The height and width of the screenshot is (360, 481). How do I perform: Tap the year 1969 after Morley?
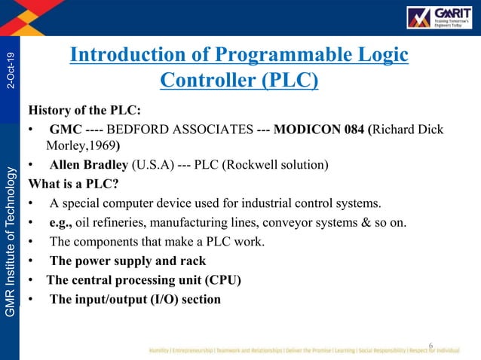(101, 145)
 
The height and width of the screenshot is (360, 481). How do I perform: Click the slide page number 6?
(430, 346)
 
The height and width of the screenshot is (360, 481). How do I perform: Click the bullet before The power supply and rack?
(31, 261)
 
